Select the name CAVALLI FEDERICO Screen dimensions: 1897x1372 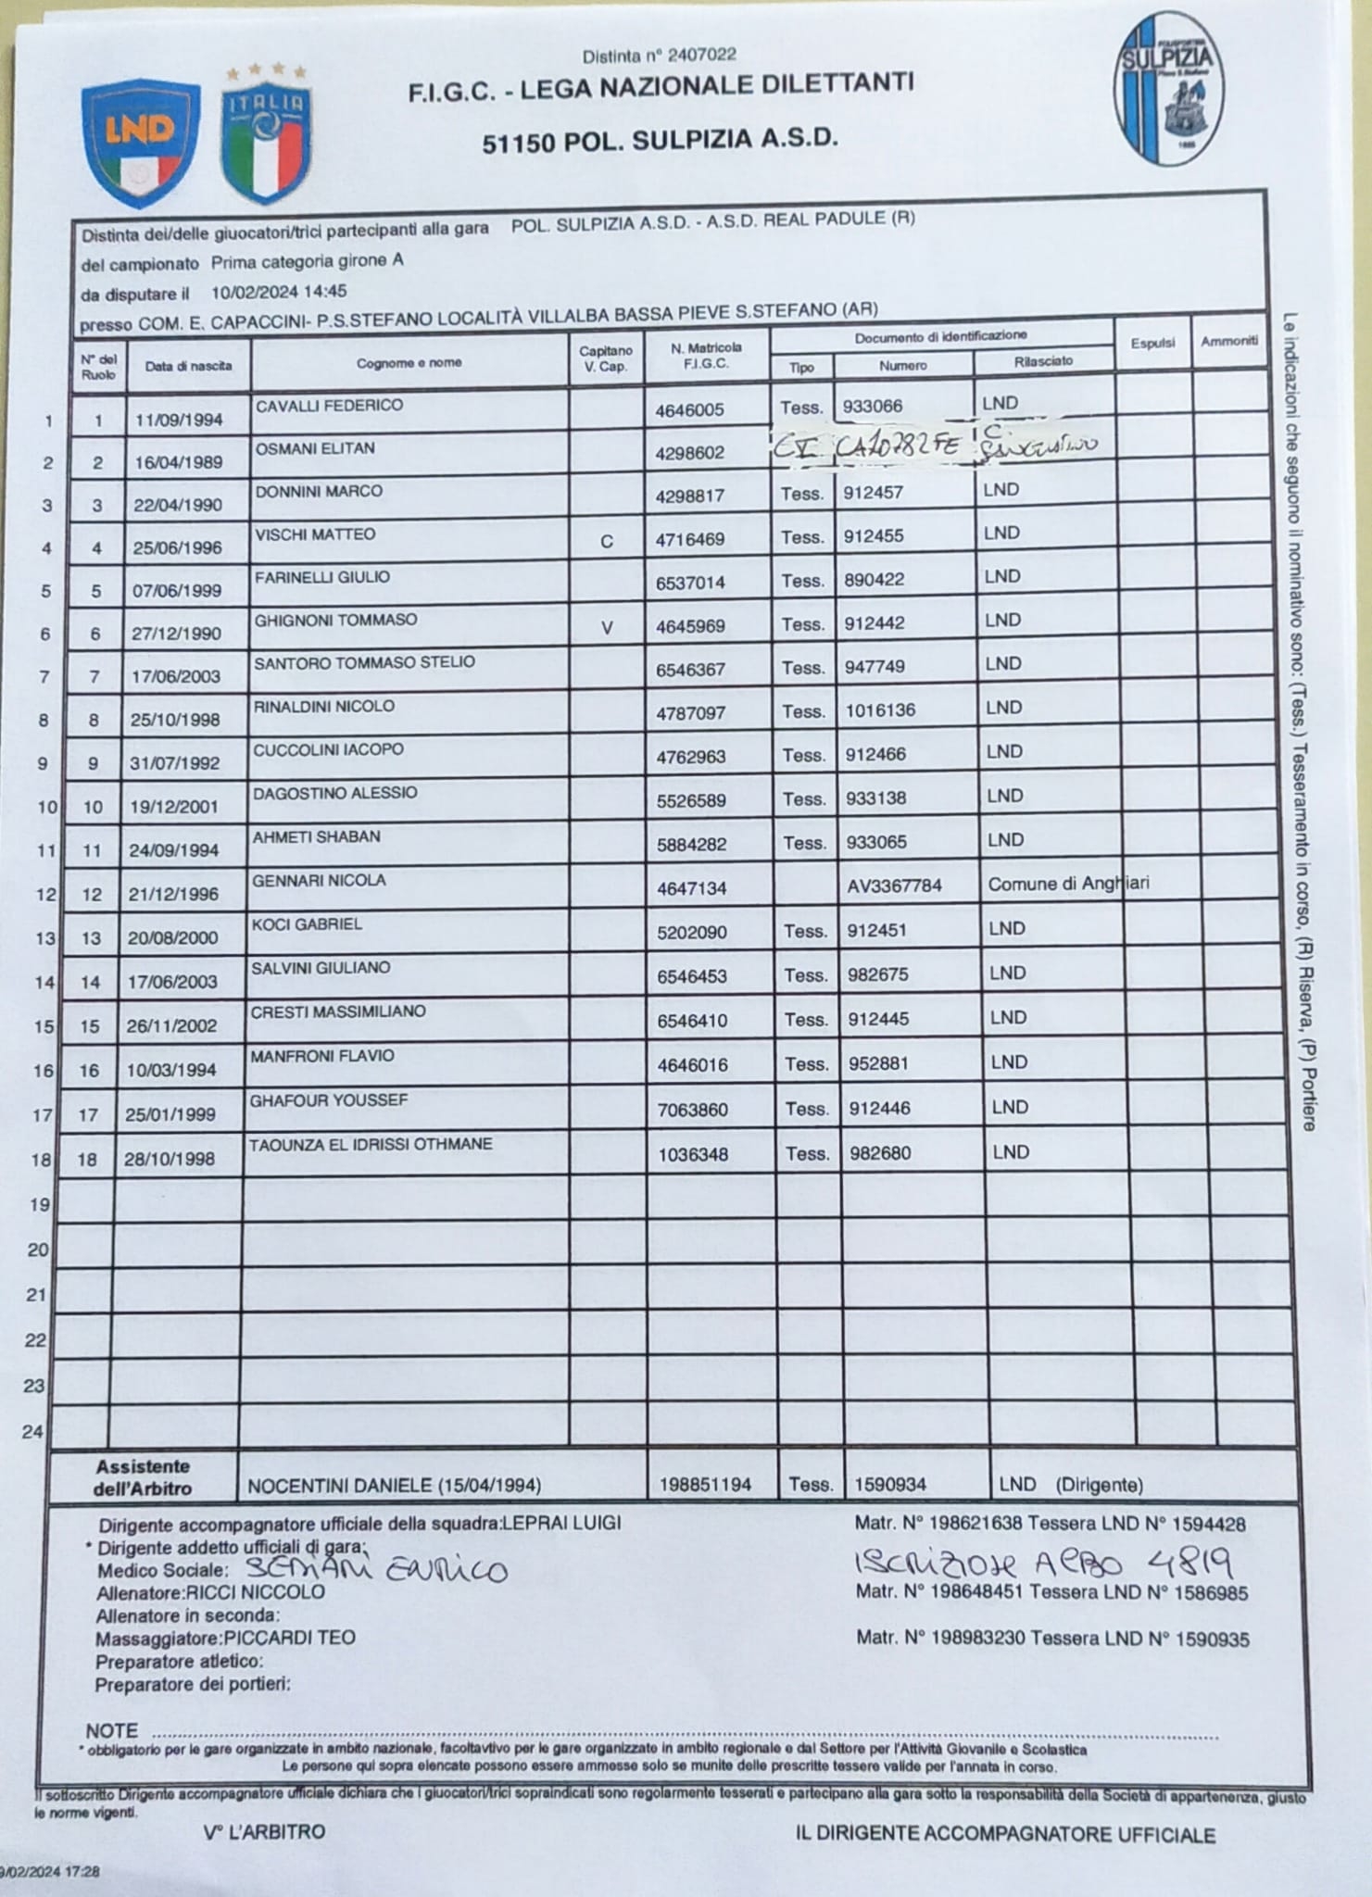point(329,405)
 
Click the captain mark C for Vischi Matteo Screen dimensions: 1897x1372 point(607,541)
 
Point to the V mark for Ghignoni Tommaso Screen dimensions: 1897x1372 point(607,628)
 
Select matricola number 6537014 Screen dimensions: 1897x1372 point(690,583)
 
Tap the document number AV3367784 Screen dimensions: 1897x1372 point(894,886)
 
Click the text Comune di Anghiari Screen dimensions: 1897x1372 point(1068,884)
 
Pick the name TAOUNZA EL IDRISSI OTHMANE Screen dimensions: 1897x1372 point(371,1145)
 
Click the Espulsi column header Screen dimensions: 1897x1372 point(1152,343)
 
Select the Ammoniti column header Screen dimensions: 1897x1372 point(1228,341)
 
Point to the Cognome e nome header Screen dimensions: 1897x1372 point(409,362)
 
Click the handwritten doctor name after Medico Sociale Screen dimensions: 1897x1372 point(376,1569)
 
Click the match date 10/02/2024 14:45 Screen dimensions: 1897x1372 point(279,292)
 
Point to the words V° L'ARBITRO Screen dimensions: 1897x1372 point(264,1832)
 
